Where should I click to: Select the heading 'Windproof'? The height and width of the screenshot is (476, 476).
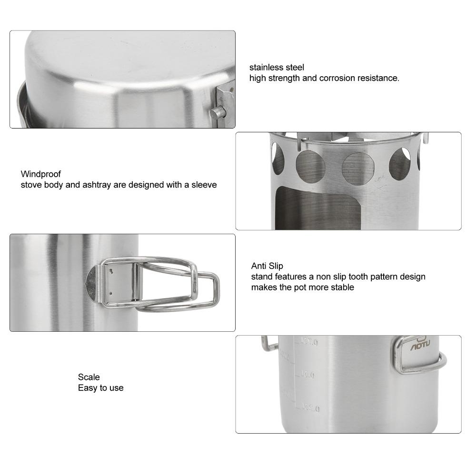click(41, 174)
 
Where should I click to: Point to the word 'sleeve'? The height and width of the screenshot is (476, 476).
click(204, 185)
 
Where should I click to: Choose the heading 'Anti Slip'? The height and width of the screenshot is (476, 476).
click(267, 266)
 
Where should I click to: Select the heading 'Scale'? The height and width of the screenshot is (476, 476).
click(89, 377)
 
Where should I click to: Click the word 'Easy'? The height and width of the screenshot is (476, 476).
click(87, 388)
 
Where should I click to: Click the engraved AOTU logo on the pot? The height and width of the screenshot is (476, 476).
click(420, 347)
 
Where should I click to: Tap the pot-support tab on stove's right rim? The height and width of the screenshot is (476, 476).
click(426, 139)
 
